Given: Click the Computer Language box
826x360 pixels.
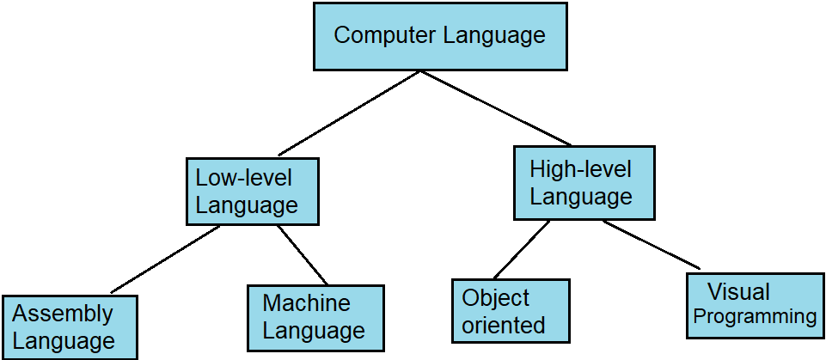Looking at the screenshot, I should [x=439, y=36].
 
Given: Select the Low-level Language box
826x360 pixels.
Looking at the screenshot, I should [x=253, y=191].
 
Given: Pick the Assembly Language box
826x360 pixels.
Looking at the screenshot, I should [x=69, y=327].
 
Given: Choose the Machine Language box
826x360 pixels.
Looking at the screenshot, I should [x=315, y=317].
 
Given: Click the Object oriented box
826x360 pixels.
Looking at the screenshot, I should [x=511, y=311].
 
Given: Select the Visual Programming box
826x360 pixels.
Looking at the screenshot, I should [x=756, y=304].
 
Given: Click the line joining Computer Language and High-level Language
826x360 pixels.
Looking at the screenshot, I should [x=495, y=108].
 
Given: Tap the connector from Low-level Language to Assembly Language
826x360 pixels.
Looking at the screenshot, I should [x=165, y=259].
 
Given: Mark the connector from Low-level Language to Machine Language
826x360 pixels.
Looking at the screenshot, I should [x=303, y=255].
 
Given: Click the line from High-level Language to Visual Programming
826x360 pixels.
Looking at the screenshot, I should [x=651, y=245].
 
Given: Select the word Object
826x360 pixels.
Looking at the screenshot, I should [x=496, y=298].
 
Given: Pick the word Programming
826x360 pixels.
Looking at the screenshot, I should [x=755, y=317].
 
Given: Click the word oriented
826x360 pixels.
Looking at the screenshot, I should [x=504, y=325].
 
